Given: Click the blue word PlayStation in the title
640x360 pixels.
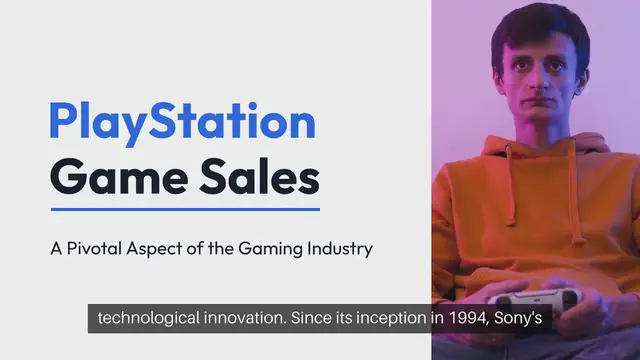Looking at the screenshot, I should tap(182, 123).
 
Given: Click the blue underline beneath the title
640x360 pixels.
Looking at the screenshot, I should tap(185, 210).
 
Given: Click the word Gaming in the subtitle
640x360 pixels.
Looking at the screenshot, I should tap(259, 248).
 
